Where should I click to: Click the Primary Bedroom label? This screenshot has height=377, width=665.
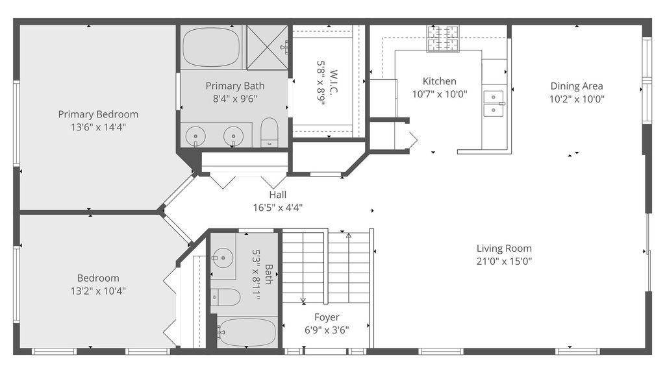pos(98,114)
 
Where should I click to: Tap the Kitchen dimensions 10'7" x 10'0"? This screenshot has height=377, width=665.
pos(440,94)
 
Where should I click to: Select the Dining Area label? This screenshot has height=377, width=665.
pos(577,86)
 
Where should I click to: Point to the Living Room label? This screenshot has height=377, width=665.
pos(504,249)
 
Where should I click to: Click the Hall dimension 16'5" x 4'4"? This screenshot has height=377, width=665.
pos(278,208)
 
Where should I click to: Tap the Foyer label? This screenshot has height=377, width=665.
pos(327,317)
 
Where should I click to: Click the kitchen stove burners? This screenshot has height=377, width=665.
pos(443,38)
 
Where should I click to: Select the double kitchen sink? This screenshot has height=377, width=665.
pos(494,103)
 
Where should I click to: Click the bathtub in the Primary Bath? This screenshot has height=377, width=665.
pos(211,47)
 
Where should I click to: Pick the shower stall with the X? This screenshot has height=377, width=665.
pos(267,47)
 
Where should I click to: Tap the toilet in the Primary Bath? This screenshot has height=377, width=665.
pos(269,132)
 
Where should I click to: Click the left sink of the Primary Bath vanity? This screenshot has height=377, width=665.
pos(195,136)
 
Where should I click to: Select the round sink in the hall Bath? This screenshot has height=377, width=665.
pos(223,258)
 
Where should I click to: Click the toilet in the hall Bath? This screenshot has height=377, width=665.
pos(225,297)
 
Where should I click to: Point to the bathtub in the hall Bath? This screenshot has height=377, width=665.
pos(247,332)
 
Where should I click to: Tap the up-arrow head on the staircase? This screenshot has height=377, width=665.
pos(349,235)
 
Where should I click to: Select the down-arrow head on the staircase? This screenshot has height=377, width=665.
pos(303,300)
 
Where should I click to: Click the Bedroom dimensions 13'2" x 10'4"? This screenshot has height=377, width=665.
pos(98,291)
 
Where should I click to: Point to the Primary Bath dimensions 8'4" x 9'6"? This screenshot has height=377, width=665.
pos(235,99)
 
